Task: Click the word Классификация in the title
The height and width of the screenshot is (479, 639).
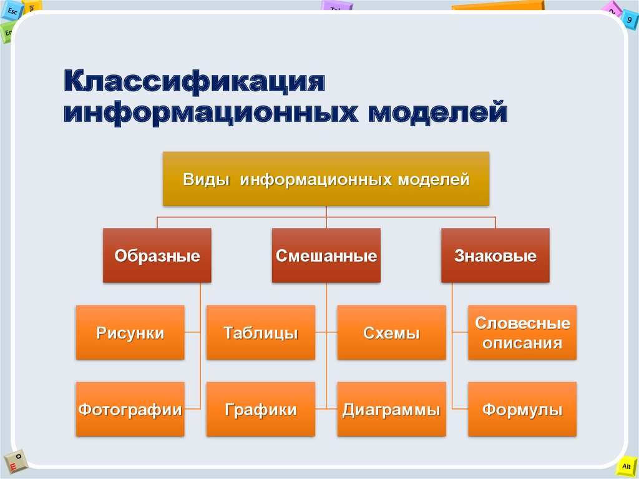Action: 195,82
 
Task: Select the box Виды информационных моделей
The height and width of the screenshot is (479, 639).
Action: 326,179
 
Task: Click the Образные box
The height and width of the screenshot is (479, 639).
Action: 157,255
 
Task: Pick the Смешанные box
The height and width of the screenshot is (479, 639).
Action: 326,255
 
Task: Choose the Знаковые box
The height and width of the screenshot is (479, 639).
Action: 495,255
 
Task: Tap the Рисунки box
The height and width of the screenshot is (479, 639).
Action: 130,332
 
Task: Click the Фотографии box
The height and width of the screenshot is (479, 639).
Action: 130,409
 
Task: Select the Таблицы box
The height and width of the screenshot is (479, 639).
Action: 261,332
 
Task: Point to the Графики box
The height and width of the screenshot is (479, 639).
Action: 261,409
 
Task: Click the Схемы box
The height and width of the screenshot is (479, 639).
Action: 392,332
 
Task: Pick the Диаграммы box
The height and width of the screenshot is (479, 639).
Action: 392,409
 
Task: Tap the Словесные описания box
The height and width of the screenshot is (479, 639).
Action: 522,332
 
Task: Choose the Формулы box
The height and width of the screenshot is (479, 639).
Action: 522,409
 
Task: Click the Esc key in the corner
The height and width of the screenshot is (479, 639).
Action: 11,11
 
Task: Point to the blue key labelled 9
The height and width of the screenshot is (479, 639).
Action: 630,19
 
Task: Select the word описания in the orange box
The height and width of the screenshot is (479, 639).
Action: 522,343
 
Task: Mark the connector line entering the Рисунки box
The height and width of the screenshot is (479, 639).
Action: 192,332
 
